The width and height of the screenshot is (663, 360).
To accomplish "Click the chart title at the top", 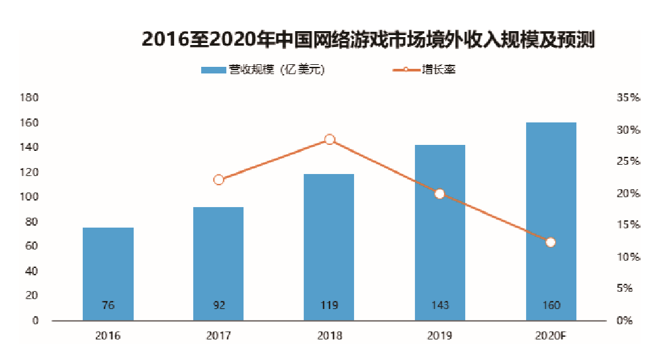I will [x=369, y=40].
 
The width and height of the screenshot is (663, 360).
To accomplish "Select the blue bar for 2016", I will [x=108, y=274].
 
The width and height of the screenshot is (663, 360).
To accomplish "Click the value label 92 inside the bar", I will [x=219, y=306].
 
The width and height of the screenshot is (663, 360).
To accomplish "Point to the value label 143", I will [x=440, y=306].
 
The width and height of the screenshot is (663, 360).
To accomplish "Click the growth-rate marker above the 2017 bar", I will [x=219, y=179].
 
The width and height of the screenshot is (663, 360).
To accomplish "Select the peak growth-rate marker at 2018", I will [x=330, y=140].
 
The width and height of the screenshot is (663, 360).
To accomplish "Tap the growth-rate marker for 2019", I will [x=440, y=194].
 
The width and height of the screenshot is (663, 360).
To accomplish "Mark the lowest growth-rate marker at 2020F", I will [x=551, y=242].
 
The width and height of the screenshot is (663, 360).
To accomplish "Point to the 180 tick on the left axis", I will [x=31, y=98].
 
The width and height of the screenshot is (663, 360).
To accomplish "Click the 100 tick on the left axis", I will [x=31, y=197].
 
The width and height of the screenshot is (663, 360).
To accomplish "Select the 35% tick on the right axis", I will [x=629, y=98].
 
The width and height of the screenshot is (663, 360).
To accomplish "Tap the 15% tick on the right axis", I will [x=629, y=225].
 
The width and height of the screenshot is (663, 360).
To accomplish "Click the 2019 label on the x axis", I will [x=440, y=336].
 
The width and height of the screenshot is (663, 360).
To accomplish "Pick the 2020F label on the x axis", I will [x=551, y=336].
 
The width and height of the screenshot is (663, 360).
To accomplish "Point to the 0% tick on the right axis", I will [x=625, y=321].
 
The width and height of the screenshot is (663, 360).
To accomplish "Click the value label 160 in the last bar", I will [x=551, y=306].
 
